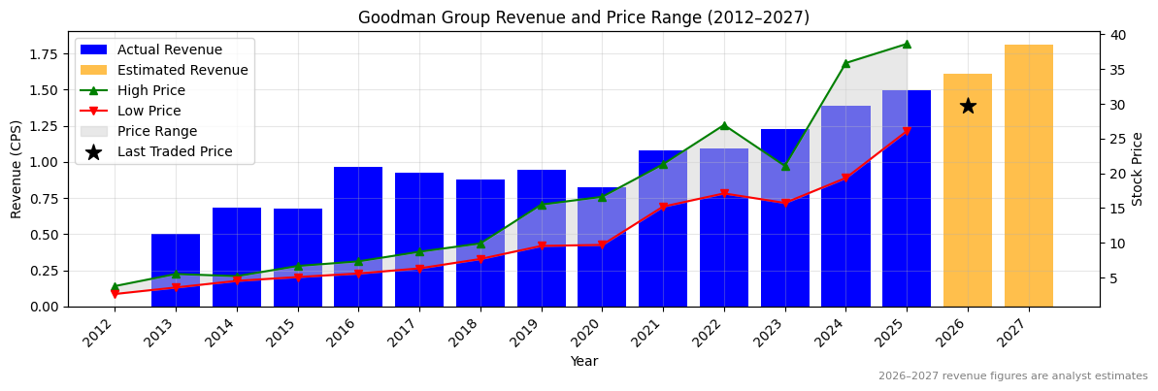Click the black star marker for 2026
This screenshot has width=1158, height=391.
tap(968, 106)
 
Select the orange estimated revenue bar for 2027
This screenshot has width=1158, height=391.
tap(1029, 176)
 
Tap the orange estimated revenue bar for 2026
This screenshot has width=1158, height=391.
tap(968, 213)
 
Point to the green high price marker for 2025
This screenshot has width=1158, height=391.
tap(907, 44)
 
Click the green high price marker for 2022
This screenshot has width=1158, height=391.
tap(724, 125)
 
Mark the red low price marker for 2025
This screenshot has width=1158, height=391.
tap(907, 131)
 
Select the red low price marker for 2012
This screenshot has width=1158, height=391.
tap(115, 294)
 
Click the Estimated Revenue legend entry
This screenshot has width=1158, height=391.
tap(182, 70)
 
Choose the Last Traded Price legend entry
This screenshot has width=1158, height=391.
tap(175, 151)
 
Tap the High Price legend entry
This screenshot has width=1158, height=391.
tap(151, 90)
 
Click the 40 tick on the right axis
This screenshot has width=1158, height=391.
tap(1118, 35)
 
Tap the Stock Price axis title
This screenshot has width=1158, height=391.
tap(1138, 169)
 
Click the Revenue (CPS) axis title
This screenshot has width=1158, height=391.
tap(17, 169)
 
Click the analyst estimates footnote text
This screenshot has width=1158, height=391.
tap(1012, 376)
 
